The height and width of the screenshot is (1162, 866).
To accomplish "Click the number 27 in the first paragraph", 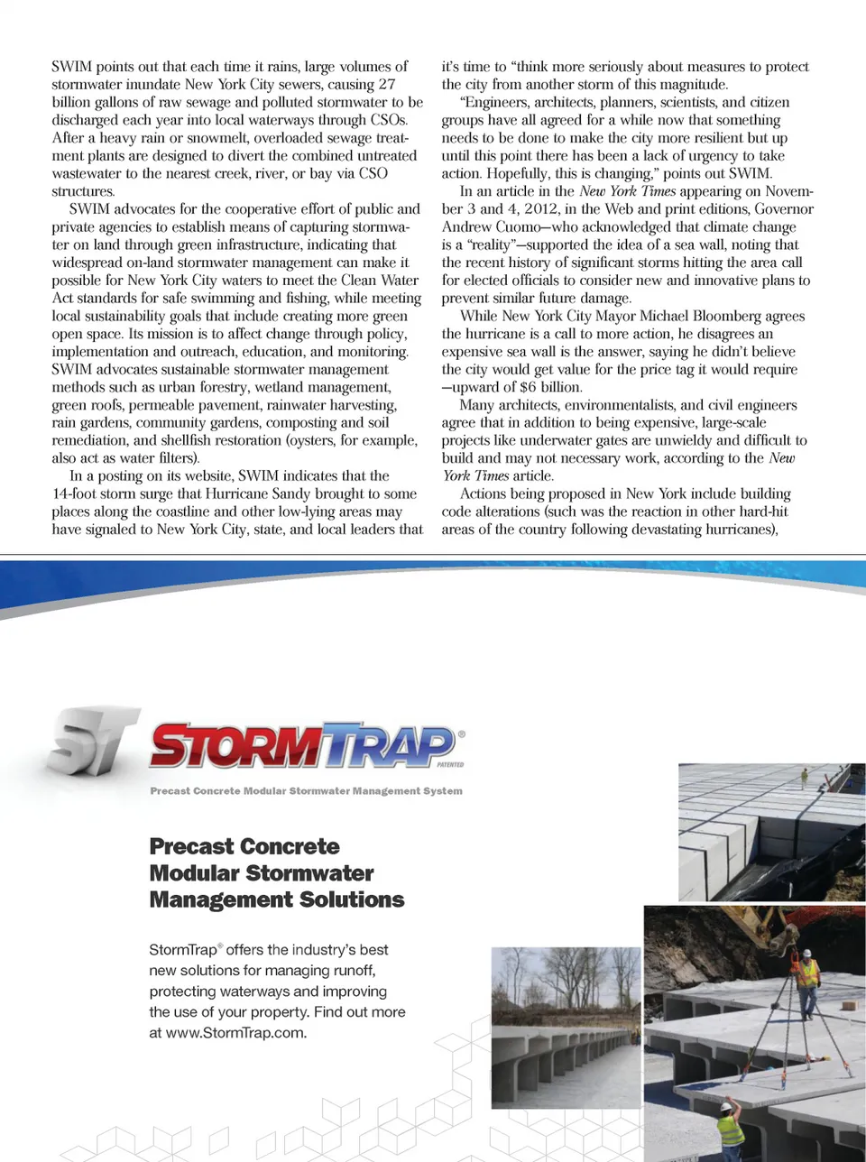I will pos(387,84).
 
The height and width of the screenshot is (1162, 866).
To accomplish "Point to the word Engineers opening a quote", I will pos(498,102).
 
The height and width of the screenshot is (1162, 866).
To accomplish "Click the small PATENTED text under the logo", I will pos(450,764).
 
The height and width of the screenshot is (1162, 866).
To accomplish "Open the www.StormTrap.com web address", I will pos(236,1033).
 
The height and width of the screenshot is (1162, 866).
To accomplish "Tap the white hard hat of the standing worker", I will pos(807,953).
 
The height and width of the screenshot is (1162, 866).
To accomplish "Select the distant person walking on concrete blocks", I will pos(804,778).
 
